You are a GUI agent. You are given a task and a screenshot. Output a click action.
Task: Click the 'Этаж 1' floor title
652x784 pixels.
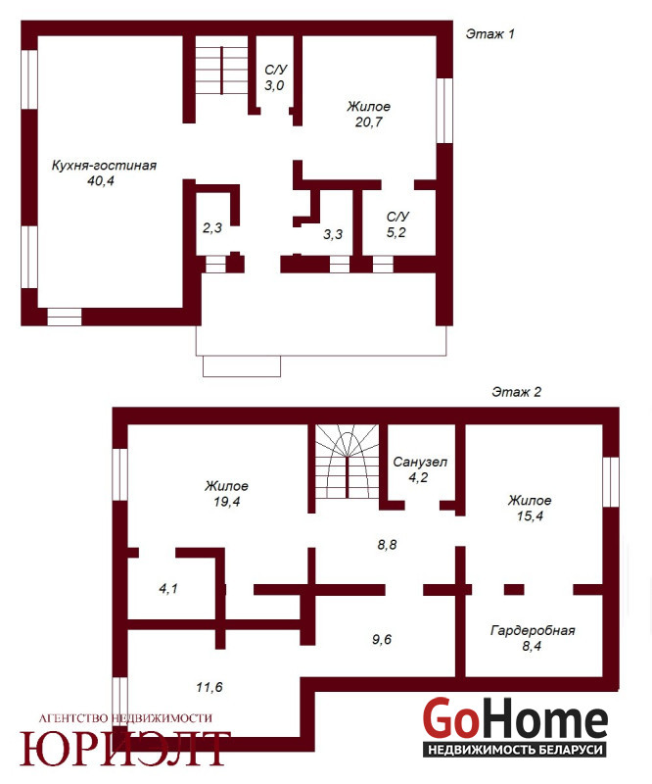[x=489, y=34]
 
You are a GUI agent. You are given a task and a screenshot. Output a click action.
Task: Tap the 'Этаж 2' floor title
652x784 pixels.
[x=516, y=392]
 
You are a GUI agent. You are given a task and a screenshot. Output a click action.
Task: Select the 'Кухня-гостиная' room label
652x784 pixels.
[x=104, y=166]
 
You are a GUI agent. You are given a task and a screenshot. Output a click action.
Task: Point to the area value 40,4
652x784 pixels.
[x=101, y=181]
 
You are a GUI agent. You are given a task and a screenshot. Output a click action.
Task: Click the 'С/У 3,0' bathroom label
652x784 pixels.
[x=275, y=77]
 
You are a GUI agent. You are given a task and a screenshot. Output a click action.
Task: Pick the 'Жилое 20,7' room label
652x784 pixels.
[x=369, y=114]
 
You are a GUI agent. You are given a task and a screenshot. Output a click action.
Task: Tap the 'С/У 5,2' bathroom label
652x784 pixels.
[x=397, y=224]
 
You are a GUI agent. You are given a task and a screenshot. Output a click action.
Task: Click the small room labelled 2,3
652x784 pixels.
[x=211, y=228]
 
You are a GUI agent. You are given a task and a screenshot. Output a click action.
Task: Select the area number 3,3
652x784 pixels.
[x=333, y=234]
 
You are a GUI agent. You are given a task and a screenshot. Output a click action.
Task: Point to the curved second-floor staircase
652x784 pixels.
[x=347, y=461]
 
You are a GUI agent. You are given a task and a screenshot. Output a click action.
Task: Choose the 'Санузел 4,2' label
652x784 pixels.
[x=420, y=469]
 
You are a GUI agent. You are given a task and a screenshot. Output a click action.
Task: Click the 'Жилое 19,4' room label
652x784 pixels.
[x=226, y=494]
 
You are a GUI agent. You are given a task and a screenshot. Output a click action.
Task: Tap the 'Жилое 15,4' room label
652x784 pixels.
[x=530, y=508]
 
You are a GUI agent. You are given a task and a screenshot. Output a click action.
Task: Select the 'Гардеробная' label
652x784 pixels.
[x=533, y=630]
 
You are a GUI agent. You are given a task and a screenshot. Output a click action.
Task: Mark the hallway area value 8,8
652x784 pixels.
[x=387, y=545]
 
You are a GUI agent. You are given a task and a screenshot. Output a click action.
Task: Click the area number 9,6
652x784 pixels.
[x=382, y=639]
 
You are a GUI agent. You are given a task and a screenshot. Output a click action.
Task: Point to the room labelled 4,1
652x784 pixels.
[x=168, y=589]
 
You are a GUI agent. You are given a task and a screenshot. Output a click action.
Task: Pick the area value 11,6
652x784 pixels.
[x=210, y=687]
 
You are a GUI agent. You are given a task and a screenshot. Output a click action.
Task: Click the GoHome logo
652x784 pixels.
[x=515, y=727]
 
